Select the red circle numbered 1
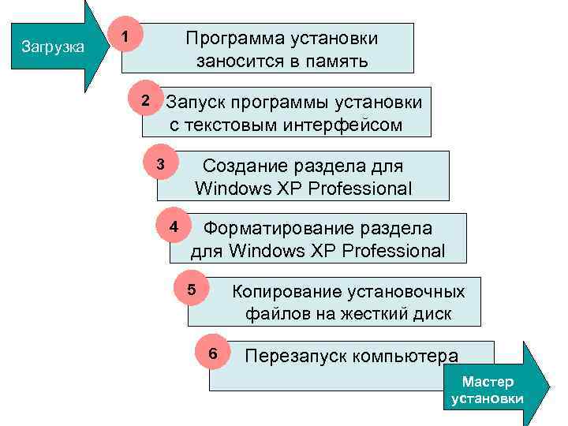(x=125, y=36)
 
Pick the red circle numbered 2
(x=144, y=103)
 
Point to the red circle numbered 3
(x=161, y=166)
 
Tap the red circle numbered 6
(x=211, y=353)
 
